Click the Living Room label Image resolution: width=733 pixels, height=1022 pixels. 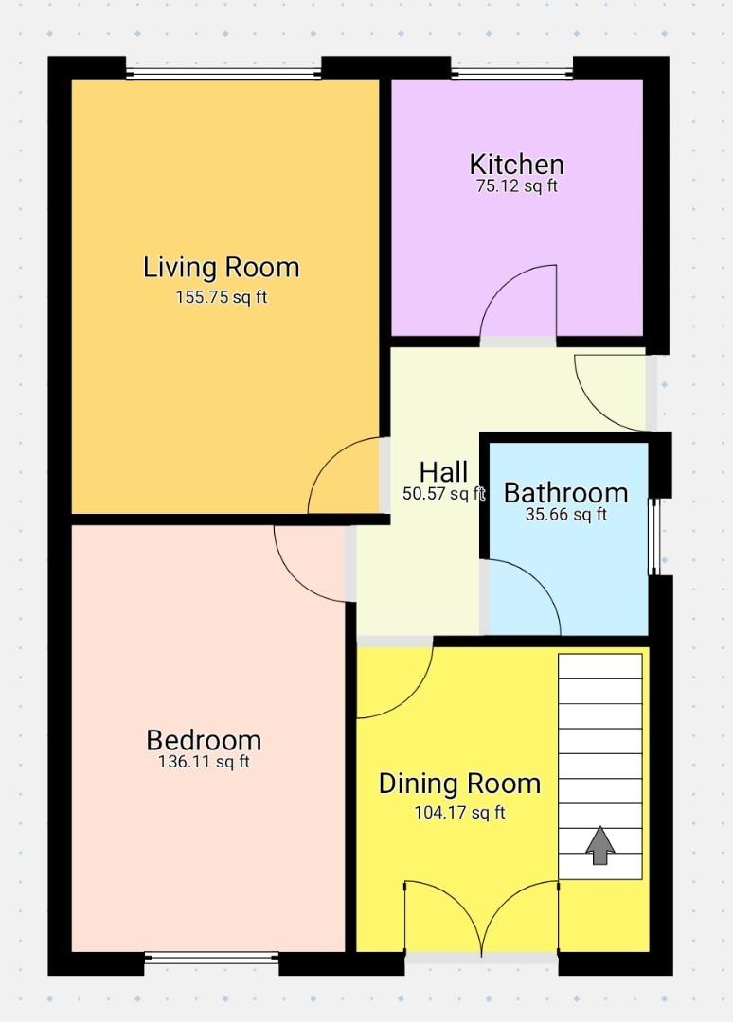[221, 268]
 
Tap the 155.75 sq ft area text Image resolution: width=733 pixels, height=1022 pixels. [221, 297]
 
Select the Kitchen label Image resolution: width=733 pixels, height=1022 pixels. [517, 164]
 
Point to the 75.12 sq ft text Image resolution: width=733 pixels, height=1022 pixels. [517, 186]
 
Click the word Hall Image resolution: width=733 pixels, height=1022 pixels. [443, 471]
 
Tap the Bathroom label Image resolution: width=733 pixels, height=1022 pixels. [565, 493]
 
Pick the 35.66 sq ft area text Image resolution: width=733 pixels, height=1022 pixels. [565, 515]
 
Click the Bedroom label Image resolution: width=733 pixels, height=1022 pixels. [204, 740]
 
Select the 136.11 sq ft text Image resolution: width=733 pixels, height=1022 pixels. [204, 762]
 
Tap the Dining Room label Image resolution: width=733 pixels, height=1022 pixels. [459, 784]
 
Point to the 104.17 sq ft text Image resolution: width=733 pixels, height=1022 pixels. [459, 812]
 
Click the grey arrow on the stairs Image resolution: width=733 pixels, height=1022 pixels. [599, 845]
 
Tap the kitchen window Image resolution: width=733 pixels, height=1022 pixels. [512, 72]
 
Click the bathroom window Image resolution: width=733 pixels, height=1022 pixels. [653, 536]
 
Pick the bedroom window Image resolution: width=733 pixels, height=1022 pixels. [211, 959]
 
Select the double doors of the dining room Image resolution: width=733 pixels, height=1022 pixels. [482, 918]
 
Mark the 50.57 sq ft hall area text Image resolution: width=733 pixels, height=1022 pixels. [443, 493]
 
